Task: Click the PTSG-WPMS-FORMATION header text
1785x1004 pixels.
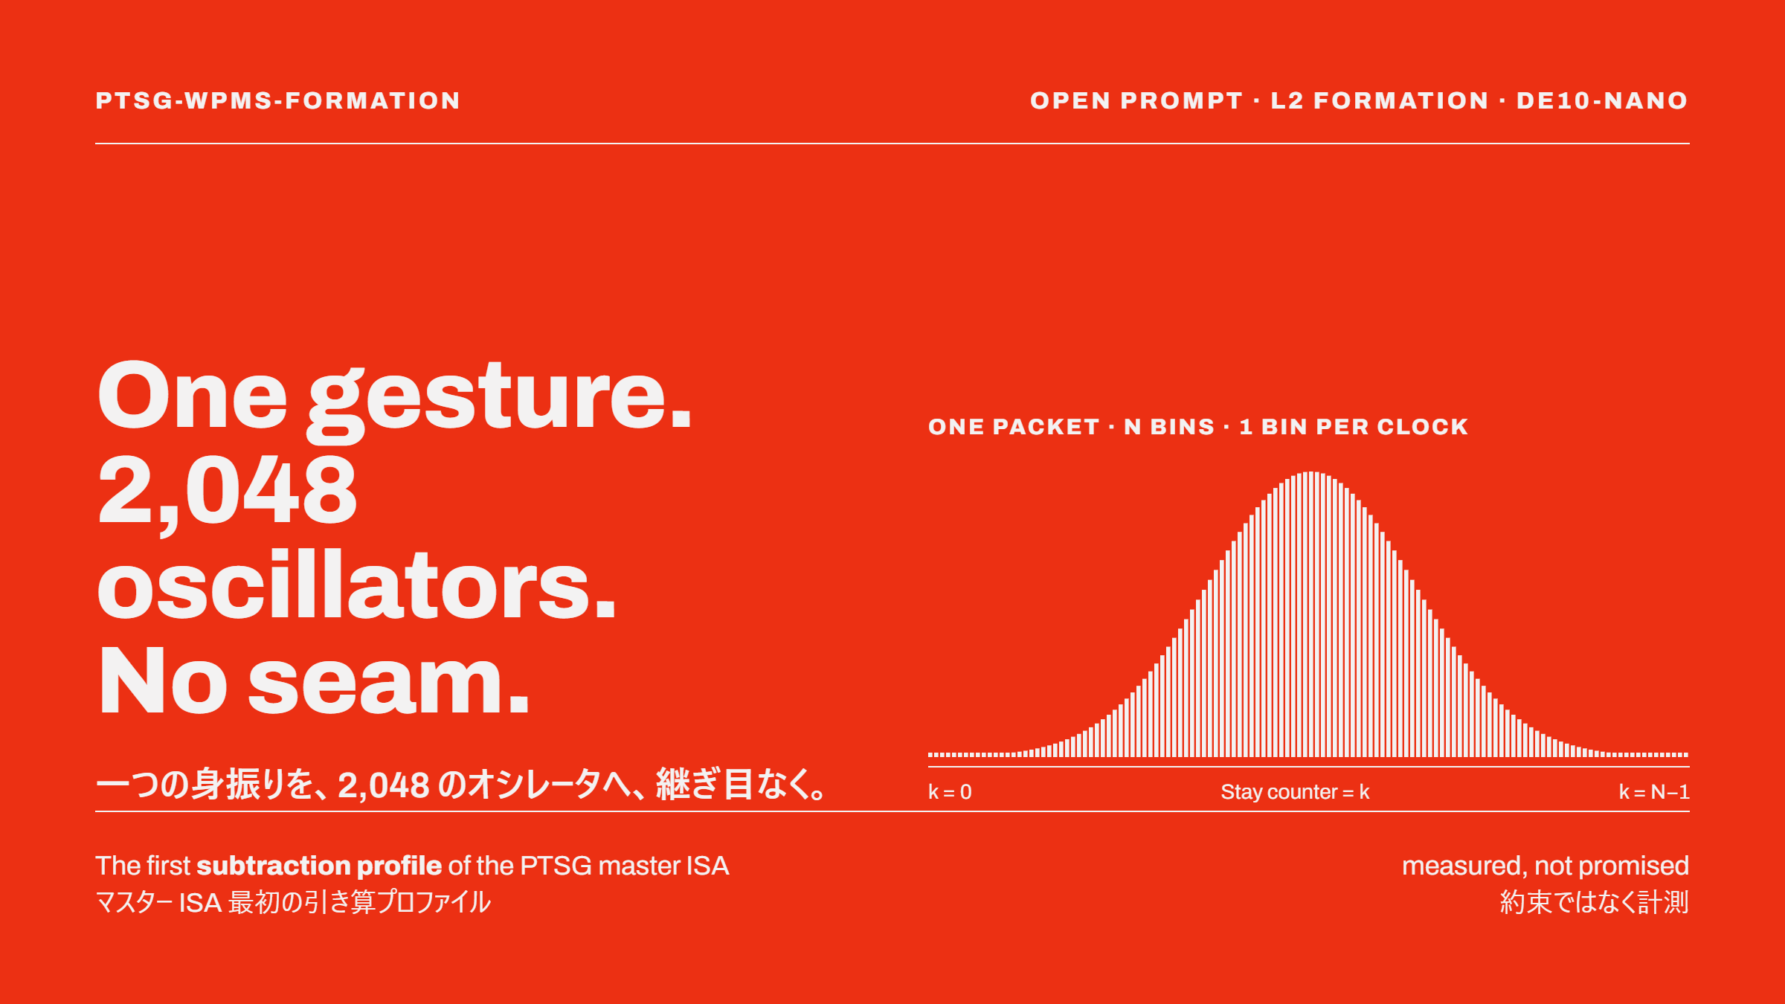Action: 278,100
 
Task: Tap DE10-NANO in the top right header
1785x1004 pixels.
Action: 1603,100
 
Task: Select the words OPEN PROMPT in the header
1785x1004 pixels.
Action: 1136,100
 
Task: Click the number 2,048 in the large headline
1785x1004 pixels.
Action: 227,492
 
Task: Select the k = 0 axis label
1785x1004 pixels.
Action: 950,792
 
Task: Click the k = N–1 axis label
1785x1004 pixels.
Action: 1654,792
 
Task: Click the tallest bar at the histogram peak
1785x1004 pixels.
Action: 1312,614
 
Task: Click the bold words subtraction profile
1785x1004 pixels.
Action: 319,866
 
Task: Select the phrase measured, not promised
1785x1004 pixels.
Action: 1546,866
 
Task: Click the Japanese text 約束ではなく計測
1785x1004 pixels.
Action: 1595,902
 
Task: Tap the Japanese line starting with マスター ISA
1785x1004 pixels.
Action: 293,902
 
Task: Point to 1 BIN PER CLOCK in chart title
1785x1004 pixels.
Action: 1354,427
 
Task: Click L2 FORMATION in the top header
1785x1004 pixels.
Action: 1380,100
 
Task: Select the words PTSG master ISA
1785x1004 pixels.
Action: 625,866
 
